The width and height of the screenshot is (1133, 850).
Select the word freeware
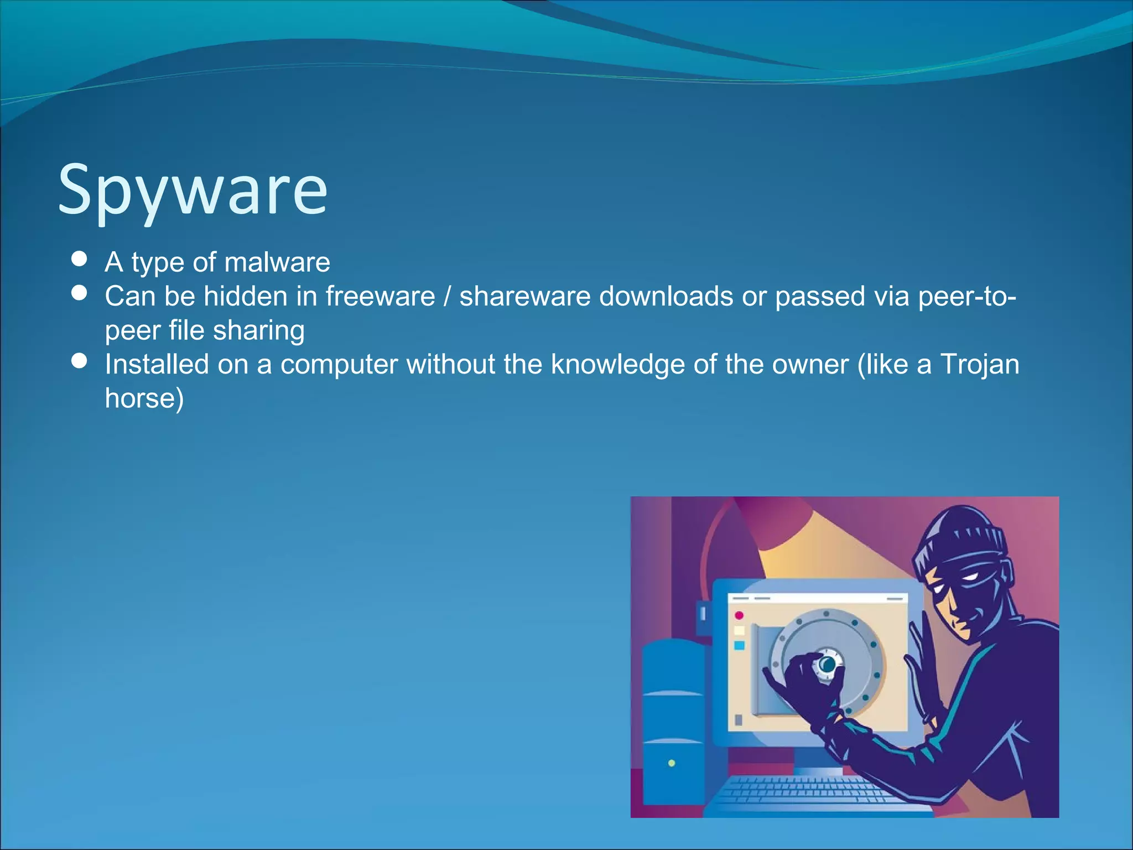coord(380,296)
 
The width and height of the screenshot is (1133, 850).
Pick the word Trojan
coord(980,364)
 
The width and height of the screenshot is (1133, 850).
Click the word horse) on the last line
coord(144,398)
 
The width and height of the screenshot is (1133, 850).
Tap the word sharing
coord(259,330)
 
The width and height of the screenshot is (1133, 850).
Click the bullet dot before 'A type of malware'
coord(80,259)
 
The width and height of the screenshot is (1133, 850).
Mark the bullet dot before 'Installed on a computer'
coord(80,361)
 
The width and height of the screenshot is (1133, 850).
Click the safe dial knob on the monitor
coord(827,665)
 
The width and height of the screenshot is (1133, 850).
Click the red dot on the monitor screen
coord(739,615)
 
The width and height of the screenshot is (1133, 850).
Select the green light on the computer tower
coord(672,763)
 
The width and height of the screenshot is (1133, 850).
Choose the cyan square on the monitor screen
coord(739,645)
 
